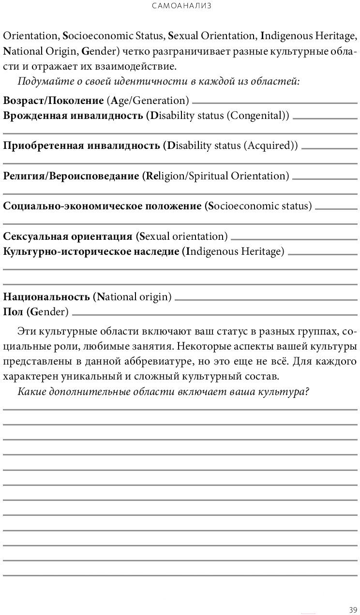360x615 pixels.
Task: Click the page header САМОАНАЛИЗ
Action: pyautogui.click(x=181, y=6)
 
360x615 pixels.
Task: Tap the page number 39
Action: pyautogui.click(x=352, y=609)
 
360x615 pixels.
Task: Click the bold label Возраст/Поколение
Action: pyautogui.click(x=53, y=101)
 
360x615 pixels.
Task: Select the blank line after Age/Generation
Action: pyautogui.click(x=274, y=102)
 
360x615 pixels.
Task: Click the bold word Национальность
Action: pyautogui.click(x=46, y=297)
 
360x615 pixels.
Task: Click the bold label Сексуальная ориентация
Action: pyautogui.click(x=68, y=236)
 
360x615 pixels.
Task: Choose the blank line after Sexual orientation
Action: pyautogui.click(x=294, y=238)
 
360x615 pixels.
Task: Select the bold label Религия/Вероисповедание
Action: pyautogui.click(x=72, y=176)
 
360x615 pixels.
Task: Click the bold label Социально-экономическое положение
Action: pyautogui.click(x=102, y=206)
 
